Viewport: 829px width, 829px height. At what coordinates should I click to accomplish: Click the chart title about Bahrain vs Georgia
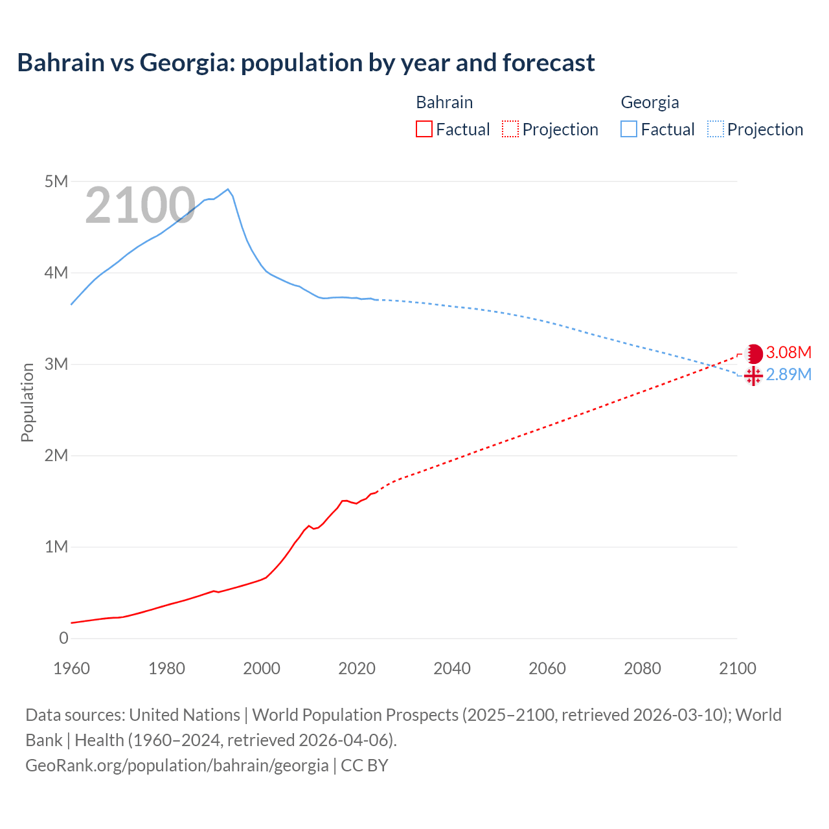pos(306,63)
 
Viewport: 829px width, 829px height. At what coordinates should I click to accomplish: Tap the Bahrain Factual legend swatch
pos(424,130)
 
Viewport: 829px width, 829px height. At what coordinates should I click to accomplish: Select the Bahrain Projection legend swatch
pos(510,130)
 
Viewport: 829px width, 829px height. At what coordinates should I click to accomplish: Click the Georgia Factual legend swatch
pos(629,130)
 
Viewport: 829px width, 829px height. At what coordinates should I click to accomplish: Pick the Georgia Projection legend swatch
pos(715,130)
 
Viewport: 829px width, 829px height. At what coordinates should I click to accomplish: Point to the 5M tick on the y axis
pos(56,181)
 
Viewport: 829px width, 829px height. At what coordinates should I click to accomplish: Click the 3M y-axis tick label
pos(56,364)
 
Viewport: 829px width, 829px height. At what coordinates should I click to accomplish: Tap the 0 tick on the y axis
pos(63,638)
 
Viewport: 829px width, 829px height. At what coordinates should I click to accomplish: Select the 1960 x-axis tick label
pos(71,668)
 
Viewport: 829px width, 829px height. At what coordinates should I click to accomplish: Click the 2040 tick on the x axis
pos(452,668)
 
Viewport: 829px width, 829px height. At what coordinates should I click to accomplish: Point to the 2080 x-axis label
pos(642,668)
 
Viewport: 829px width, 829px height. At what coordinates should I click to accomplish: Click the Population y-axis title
pos(27,402)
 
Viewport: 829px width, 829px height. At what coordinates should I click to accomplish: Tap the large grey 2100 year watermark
pos(140,205)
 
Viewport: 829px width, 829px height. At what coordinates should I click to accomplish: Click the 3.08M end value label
pos(788,352)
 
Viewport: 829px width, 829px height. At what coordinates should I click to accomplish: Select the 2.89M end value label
pos(788,374)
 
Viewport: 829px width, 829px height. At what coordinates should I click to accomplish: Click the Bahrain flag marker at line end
pos(754,354)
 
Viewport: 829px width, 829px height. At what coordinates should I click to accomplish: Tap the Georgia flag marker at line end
pos(753,376)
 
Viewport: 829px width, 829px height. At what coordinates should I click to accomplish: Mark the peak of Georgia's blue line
pos(227,189)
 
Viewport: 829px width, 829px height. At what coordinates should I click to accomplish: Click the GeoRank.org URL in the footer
pos(177,765)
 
